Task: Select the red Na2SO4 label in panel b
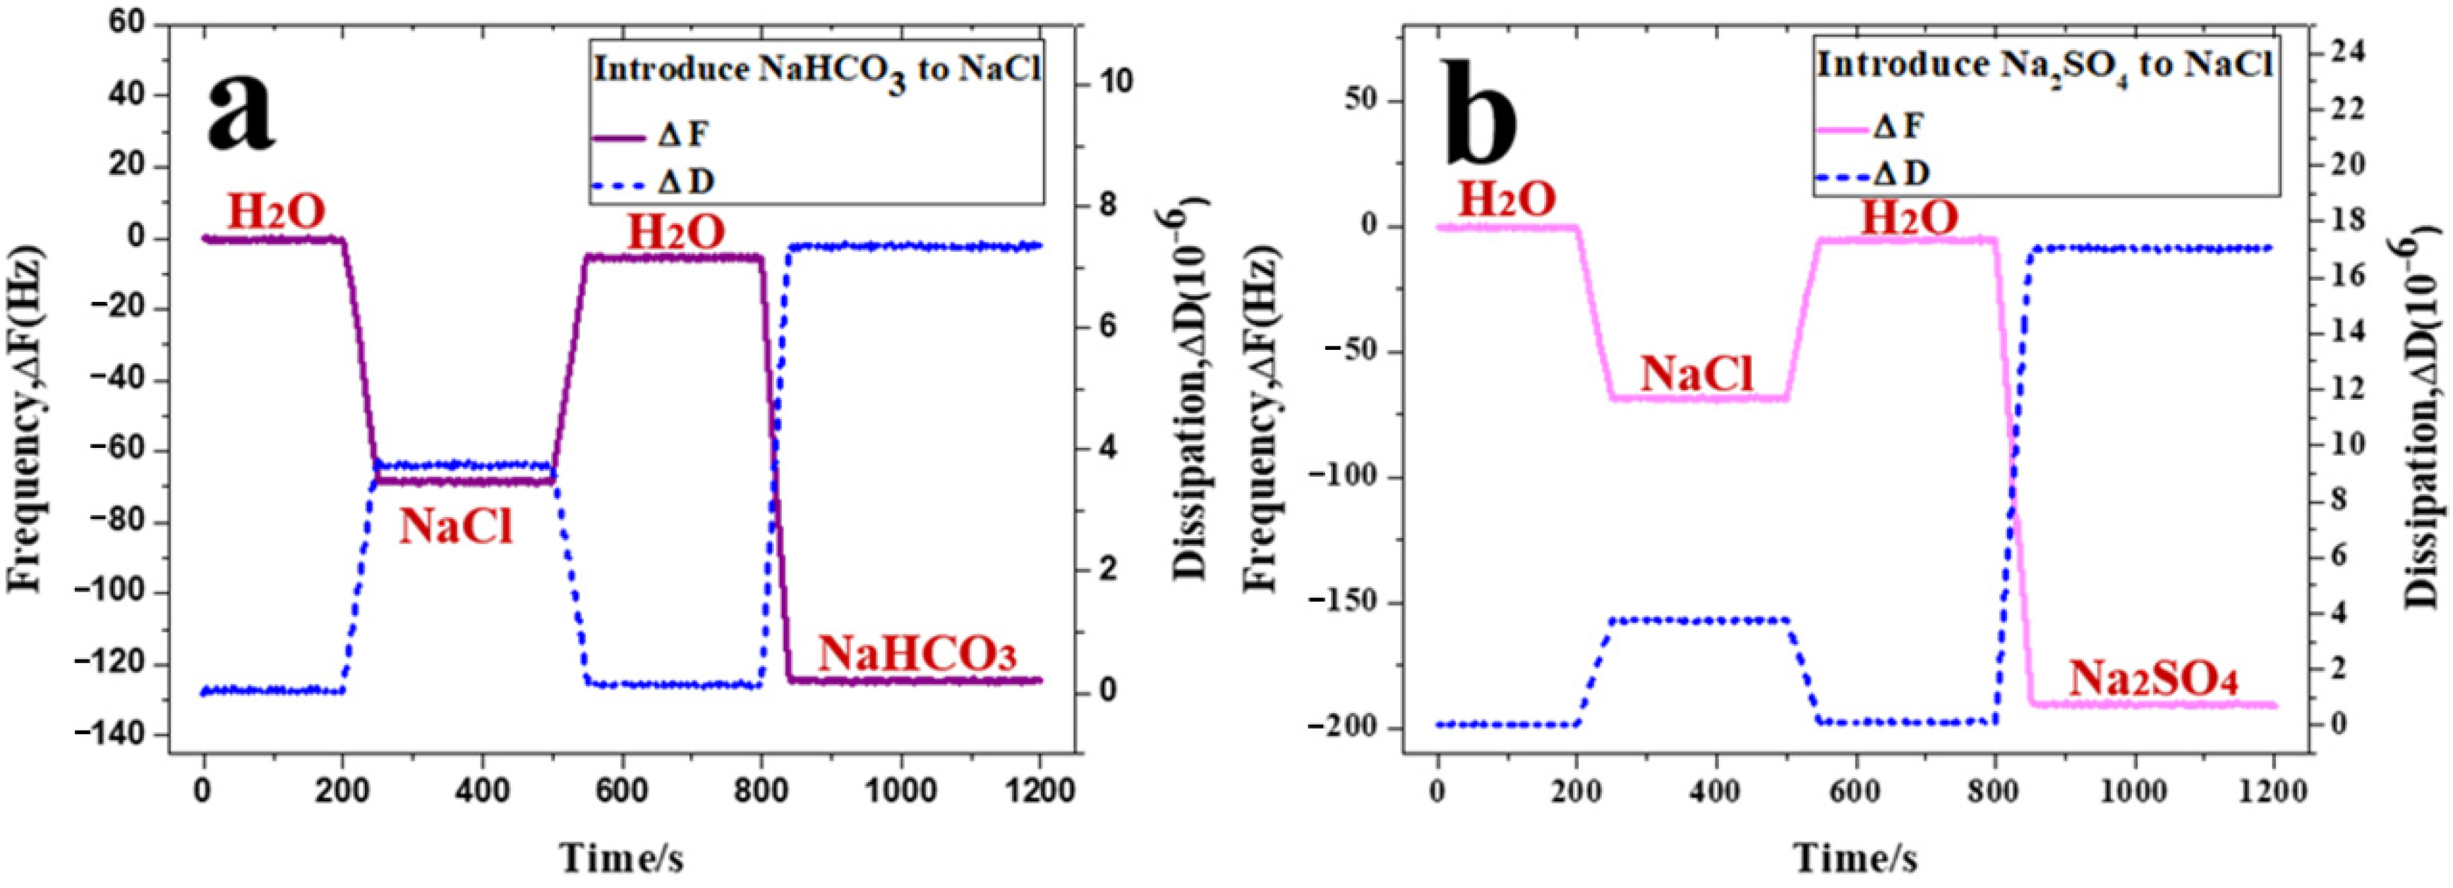point(2153,681)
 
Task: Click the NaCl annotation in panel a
point(455,526)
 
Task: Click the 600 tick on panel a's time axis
point(622,790)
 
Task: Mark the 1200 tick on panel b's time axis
point(2272,790)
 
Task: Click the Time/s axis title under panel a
point(621,858)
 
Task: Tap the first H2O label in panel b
point(1507,200)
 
